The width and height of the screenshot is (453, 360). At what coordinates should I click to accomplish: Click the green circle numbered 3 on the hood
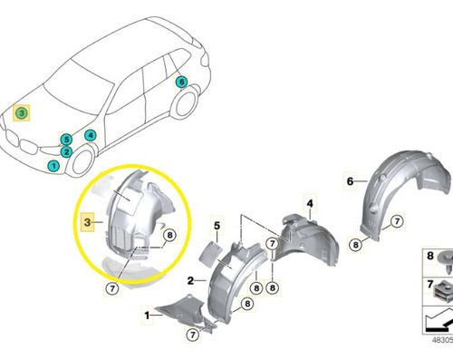[x=22, y=113]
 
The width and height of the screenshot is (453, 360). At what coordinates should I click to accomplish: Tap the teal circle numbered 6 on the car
[x=181, y=82]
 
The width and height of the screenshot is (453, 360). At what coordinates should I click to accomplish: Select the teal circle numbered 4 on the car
[x=91, y=135]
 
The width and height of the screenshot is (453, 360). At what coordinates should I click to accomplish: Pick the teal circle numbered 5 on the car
[x=66, y=140]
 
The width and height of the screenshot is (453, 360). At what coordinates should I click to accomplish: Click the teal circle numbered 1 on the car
[x=53, y=166]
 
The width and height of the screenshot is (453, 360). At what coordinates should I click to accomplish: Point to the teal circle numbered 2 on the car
[x=66, y=151]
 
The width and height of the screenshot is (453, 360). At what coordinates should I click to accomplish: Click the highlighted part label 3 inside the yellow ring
[x=87, y=222]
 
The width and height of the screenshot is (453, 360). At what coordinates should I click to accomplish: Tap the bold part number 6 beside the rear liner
[x=350, y=181]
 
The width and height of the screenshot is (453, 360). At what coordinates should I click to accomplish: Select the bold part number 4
[x=310, y=204]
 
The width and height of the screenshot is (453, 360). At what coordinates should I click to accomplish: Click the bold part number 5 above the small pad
[x=217, y=226]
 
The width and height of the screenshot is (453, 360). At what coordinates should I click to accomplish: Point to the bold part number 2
[x=190, y=281]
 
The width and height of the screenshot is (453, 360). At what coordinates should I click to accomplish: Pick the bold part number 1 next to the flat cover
[x=147, y=316]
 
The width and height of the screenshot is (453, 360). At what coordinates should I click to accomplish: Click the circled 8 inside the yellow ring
[x=169, y=235]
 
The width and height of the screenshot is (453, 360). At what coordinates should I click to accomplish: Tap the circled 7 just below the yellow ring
[x=112, y=288]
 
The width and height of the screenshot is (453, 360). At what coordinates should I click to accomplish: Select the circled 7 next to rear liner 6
[x=397, y=221]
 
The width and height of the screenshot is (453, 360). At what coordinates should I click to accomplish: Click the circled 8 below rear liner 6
[x=355, y=244]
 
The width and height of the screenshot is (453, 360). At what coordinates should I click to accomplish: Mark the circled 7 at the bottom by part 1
[x=193, y=335]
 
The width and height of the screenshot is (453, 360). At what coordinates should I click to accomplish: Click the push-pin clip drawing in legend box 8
[x=444, y=260]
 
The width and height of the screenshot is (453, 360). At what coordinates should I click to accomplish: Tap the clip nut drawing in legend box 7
[x=443, y=291]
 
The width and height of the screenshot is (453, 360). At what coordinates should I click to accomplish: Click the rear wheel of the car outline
[x=185, y=102]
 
